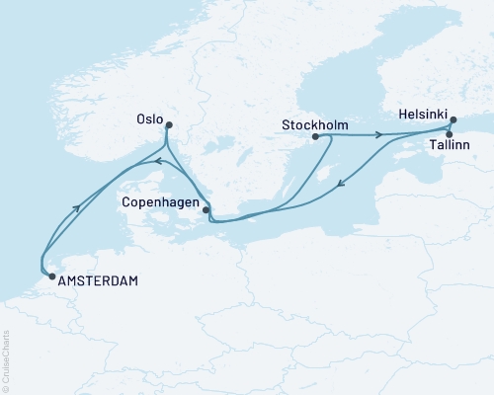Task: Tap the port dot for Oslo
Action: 169,124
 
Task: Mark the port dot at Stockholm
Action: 315,136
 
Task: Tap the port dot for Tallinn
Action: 449,134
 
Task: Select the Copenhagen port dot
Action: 206,209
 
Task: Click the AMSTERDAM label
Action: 98,279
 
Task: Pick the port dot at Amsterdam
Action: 51,277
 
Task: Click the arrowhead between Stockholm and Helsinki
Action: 378,134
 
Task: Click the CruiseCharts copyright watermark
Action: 6,358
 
